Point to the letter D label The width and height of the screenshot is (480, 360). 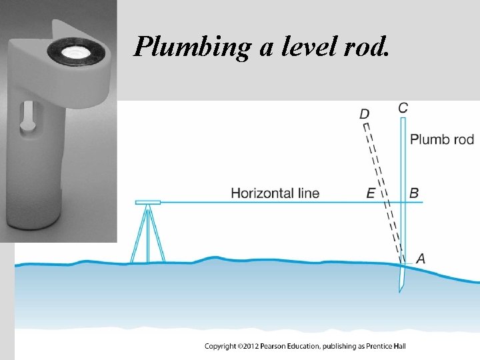point(364,114)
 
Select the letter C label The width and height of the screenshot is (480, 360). point(403,108)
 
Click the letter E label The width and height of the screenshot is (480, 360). point(371,193)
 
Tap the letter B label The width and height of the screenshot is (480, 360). point(414,193)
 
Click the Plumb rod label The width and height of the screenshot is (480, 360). point(442,139)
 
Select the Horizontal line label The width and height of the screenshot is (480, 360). point(275,193)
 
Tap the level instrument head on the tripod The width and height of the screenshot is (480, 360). point(147,201)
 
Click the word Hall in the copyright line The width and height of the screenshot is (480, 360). point(399,346)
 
